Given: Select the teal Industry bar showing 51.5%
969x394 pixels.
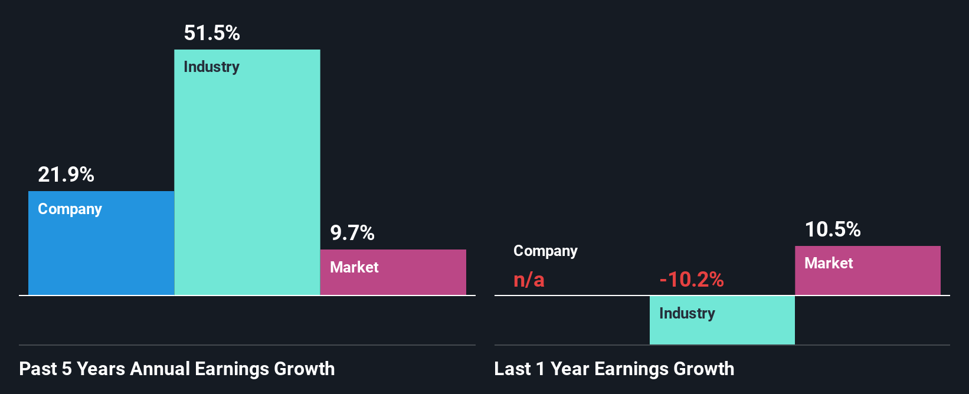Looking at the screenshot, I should coord(247,177).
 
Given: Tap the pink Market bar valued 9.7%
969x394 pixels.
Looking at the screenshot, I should coord(393,277).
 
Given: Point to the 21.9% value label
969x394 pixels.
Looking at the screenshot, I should coord(66,175).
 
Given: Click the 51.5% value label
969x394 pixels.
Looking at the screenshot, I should coord(212,33).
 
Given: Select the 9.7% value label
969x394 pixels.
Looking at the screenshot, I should coord(352,233).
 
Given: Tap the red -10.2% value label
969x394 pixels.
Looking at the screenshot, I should coord(691,279).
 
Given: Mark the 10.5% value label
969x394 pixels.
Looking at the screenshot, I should coord(833,229).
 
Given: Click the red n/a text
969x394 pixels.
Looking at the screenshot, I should coord(529,279).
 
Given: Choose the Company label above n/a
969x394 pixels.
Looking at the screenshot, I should coord(545,251).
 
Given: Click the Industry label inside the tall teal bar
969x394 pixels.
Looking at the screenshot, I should coord(211,67).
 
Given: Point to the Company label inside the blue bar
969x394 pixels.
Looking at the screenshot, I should coord(70,209).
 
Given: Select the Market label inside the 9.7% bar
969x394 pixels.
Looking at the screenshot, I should coord(354,267).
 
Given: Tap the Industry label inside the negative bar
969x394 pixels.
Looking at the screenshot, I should coord(687,313).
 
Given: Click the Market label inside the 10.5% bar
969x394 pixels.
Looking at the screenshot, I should coord(829,263).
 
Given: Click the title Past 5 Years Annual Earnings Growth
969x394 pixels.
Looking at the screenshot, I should coord(177,369).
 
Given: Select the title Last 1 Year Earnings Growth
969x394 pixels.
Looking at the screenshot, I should coord(614,369).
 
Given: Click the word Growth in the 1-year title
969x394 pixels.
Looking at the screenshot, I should coord(704,369).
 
